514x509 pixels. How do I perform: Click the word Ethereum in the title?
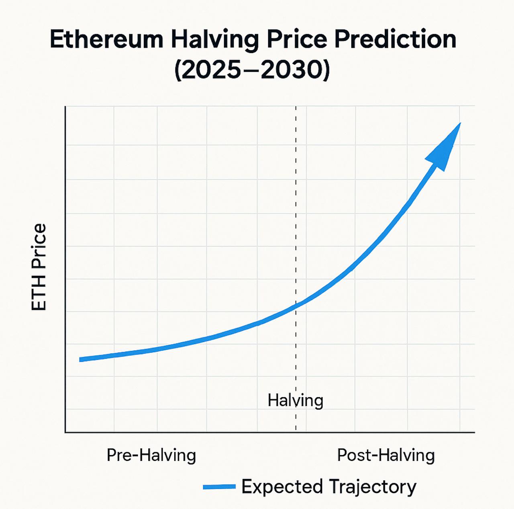(x=106, y=40)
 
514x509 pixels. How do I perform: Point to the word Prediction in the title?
(x=396, y=40)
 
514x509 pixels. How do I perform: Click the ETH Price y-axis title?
(x=39, y=267)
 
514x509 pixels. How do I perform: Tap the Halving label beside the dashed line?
(x=295, y=400)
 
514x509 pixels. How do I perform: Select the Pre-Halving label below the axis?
(x=151, y=455)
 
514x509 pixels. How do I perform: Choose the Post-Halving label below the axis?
(x=385, y=455)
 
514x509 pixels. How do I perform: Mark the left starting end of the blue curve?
(x=81, y=359)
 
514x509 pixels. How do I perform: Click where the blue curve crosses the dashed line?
(x=296, y=305)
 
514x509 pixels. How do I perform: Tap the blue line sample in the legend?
(x=219, y=487)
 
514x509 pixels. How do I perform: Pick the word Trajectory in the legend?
(x=373, y=487)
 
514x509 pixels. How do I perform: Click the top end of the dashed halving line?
(x=296, y=107)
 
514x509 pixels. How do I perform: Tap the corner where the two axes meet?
(x=65, y=432)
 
